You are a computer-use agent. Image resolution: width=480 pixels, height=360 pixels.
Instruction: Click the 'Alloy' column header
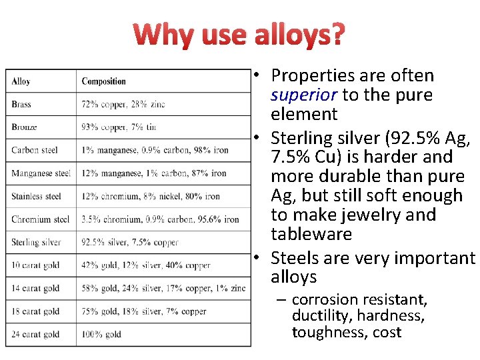click(x=21, y=81)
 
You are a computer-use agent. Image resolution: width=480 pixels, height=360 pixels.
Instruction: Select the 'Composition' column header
click(x=103, y=81)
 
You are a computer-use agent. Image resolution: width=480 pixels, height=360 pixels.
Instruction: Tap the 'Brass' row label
click(x=21, y=104)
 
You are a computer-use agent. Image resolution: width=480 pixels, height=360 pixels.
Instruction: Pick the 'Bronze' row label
click(x=24, y=127)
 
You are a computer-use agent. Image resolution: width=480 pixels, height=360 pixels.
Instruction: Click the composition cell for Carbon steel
click(x=155, y=150)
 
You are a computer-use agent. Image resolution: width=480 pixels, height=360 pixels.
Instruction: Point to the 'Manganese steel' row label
click(x=41, y=173)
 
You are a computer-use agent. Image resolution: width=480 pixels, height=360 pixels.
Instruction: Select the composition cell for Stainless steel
click(x=151, y=196)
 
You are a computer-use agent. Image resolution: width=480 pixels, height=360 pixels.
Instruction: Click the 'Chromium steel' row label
click(x=40, y=219)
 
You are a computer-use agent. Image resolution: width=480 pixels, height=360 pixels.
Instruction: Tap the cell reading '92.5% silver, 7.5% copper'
click(x=130, y=242)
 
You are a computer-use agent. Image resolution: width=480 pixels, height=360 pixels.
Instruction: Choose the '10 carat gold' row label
click(x=35, y=265)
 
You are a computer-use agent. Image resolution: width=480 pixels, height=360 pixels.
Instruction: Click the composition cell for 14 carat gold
click(x=163, y=288)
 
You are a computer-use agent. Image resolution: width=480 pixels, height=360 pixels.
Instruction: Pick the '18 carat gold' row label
click(x=35, y=311)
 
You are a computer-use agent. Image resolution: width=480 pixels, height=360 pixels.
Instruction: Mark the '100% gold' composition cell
click(x=101, y=334)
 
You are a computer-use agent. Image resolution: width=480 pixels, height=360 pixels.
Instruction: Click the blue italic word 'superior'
click(x=304, y=95)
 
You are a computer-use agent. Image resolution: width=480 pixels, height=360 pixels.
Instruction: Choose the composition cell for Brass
click(x=123, y=104)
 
